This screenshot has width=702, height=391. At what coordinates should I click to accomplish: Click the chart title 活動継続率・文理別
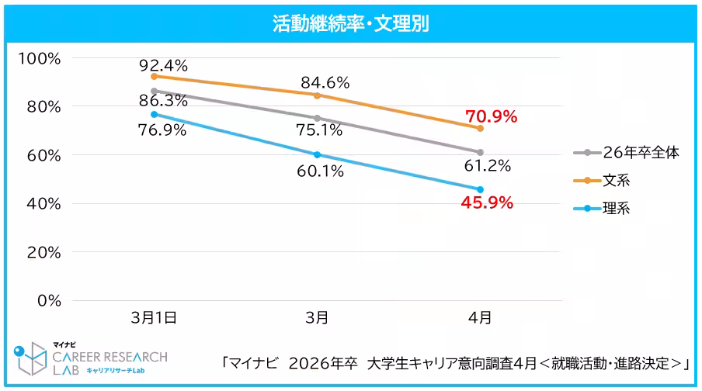351,23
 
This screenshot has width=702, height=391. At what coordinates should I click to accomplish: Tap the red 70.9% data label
491,117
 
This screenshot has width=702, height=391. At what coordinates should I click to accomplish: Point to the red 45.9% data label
487,203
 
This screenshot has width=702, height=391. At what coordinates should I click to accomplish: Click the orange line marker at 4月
480,128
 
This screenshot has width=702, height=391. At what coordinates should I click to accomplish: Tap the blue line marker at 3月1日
154,114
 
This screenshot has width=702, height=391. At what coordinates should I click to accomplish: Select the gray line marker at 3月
317,118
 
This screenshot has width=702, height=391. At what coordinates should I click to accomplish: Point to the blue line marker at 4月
480,189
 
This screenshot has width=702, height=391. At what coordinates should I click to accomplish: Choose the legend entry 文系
617,181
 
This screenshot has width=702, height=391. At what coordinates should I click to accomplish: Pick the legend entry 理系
617,209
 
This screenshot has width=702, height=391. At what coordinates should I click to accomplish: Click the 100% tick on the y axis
44,58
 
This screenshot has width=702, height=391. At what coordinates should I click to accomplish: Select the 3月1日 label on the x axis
154,317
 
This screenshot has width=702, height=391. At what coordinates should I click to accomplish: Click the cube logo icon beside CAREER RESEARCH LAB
32,358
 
